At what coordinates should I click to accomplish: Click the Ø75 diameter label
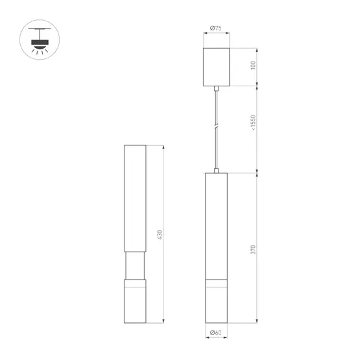click(x=216, y=29)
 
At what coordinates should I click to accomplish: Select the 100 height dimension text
click(x=253, y=66)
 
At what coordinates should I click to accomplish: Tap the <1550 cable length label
click(x=253, y=123)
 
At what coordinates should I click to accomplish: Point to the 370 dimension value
click(x=253, y=250)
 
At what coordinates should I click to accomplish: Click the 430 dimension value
click(x=160, y=235)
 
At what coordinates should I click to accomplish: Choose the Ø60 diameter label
click(x=216, y=333)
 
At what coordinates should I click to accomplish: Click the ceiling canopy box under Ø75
click(x=216, y=67)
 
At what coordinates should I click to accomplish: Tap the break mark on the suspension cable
click(x=216, y=126)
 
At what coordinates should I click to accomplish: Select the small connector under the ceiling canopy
click(x=216, y=88)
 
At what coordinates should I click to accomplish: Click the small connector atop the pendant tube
click(x=216, y=171)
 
